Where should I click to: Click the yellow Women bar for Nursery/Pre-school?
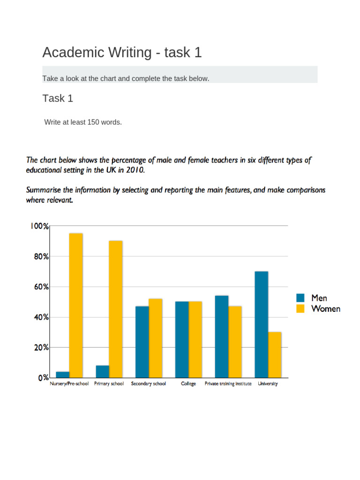[x=76, y=305]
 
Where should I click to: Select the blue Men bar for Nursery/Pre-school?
[x=63, y=375]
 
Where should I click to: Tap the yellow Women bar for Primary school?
[x=116, y=309]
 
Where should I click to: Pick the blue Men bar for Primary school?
[x=103, y=372]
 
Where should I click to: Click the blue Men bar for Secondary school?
[x=142, y=342]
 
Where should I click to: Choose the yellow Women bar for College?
[x=195, y=339]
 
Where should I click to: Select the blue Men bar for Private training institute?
[x=222, y=337]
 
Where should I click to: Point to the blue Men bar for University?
[x=262, y=324]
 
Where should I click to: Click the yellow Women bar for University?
[x=275, y=355]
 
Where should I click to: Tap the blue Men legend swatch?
[x=300, y=298]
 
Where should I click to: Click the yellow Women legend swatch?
[x=300, y=308]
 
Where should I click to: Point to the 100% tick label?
[x=39, y=226]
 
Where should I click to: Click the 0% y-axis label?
[x=43, y=378]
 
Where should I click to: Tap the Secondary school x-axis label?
[x=149, y=384]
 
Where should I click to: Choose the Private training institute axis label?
[x=228, y=384]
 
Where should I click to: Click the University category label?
[x=268, y=384]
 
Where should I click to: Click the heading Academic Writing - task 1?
[x=122, y=52]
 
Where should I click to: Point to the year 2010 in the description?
[x=135, y=171]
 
